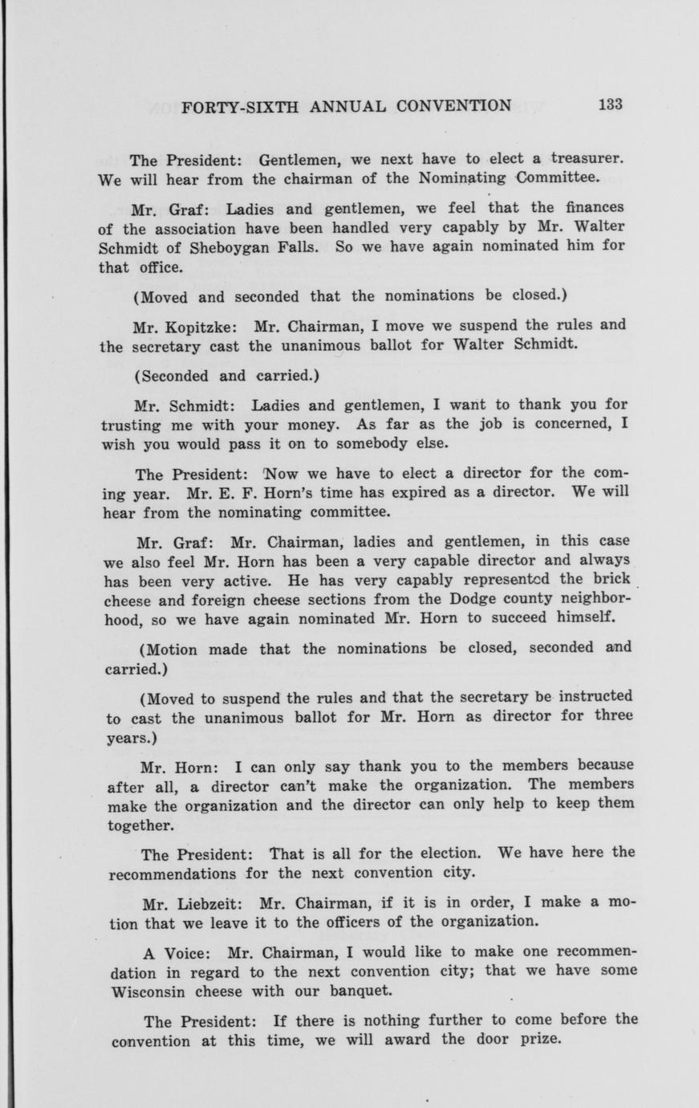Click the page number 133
[x=610, y=104]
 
